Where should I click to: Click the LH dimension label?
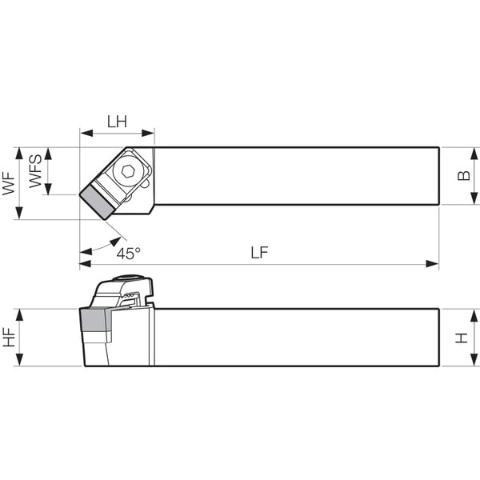[117, 122]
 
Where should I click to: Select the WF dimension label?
[9, 183]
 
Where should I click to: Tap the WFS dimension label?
[35, 171]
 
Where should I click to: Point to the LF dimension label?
[259, 253]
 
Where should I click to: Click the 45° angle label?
[128, 254]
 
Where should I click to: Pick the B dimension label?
[464, 175]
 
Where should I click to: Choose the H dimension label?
[462, 338]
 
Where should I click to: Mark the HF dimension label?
[9, 337]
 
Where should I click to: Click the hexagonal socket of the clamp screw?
[127, 171]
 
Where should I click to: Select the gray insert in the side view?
[94, 320]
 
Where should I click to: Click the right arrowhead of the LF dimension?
[433, 263]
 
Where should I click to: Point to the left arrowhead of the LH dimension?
[86, 133]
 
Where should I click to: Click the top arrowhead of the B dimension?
[474, 154]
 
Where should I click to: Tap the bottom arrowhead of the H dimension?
[474, 360]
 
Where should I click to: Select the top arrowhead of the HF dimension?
[19, 314]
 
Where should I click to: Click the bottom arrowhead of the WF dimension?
[19, 213]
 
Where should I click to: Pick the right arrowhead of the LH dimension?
[148, 133]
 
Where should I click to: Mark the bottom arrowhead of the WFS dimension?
[48, 189]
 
